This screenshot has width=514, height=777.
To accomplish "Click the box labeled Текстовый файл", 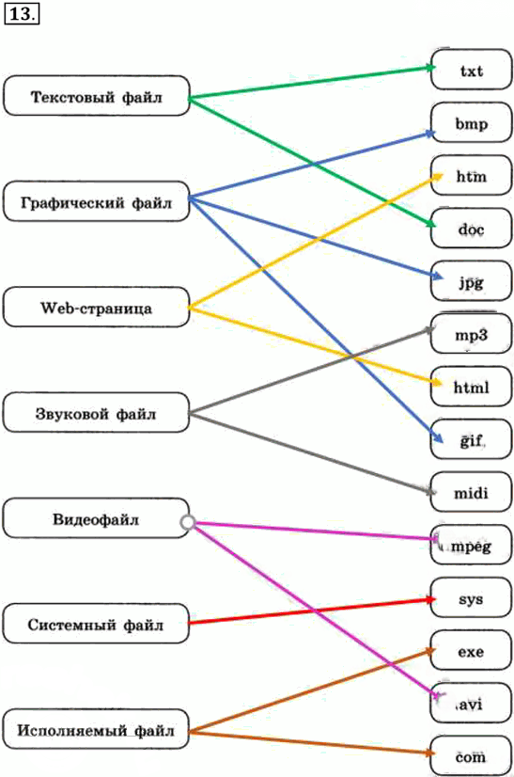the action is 97,96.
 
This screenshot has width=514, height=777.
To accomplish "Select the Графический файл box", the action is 97,201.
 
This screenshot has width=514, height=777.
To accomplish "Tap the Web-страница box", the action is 97,308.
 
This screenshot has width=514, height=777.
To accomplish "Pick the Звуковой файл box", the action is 97,413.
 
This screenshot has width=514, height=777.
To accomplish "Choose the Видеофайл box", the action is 97,518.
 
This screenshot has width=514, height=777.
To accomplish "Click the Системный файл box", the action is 97,624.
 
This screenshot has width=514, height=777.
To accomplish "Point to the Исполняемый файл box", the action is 97,729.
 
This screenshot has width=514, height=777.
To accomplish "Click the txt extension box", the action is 471,70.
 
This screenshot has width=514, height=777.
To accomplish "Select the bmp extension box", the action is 471,122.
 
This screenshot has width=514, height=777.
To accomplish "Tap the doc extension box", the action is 471,228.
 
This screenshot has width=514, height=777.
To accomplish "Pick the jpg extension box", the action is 471,281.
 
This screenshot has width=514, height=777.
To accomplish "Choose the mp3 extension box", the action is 471,334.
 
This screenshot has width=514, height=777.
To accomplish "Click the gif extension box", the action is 471,439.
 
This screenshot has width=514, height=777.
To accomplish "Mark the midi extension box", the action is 471,492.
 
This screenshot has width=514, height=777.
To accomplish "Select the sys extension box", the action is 471,597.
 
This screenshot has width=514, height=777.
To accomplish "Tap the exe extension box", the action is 471,651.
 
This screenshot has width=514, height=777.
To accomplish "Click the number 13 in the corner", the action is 22,14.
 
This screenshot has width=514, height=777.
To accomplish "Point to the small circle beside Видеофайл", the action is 188,522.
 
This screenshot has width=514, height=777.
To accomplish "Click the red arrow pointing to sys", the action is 313,611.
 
